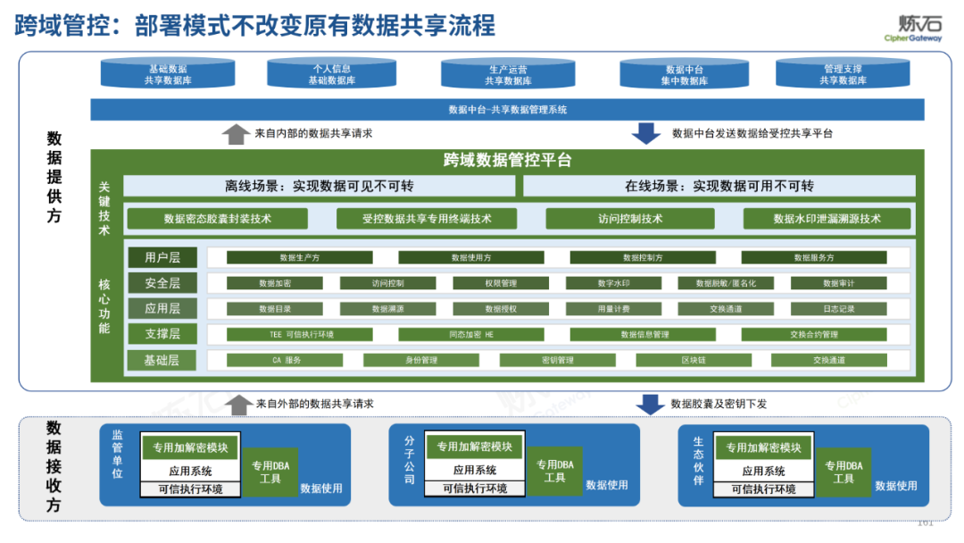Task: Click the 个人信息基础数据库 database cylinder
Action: [332, 74]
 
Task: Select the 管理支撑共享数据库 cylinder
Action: [843, 74]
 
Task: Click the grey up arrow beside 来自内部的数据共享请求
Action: [236, 134]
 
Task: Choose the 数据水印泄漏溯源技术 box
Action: [827, 219]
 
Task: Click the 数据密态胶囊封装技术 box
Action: [217, 219]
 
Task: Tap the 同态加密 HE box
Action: [470, 335]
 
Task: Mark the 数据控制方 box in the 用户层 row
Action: [642, 257]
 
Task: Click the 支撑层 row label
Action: [162, 335]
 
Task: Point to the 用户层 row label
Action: [162, 257]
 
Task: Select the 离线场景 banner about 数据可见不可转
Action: [319, 187]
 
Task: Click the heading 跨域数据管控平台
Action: [507, 161]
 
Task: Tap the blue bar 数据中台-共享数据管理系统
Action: [507, 110]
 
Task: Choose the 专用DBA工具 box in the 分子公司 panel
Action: [554, 472]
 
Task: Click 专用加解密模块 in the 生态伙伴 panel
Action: [763, 447]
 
